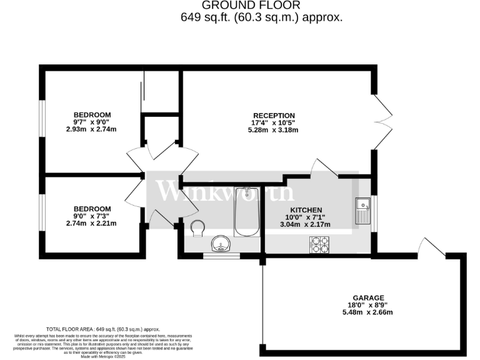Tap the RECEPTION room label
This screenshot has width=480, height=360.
273,115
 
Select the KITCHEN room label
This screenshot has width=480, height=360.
306,210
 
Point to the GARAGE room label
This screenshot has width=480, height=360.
367,297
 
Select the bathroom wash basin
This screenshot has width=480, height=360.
222,242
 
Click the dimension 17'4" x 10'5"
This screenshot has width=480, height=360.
273,122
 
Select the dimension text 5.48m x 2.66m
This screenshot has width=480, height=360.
367,312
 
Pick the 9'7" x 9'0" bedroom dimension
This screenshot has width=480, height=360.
92,122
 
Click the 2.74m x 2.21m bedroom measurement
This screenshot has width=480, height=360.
92,223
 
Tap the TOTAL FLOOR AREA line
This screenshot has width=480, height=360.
103,329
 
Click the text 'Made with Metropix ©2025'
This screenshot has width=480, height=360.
103,356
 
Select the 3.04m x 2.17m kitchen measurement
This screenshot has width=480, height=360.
306,224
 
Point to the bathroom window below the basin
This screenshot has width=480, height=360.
222,254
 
